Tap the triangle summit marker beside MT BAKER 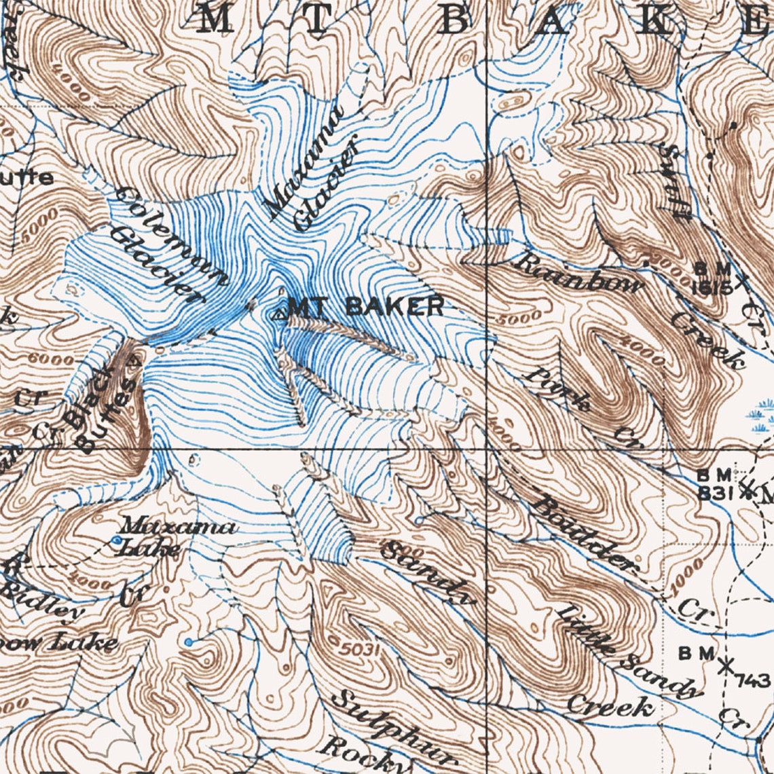pyautogui.click(x=278, y=314)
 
